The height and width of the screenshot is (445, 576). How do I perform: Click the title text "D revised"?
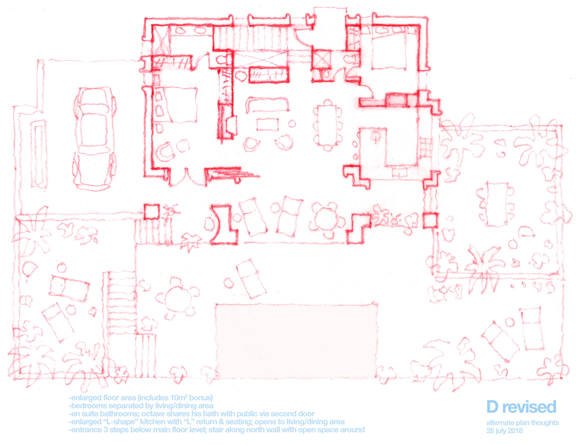(x=521, y=407)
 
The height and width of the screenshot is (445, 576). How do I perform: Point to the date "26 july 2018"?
(x=505, y=431)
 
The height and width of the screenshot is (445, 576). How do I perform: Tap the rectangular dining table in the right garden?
(x=497, y=204)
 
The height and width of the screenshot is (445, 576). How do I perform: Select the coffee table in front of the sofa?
(x=268, y=124)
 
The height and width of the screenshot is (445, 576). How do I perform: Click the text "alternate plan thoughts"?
(x=523, y=423)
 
